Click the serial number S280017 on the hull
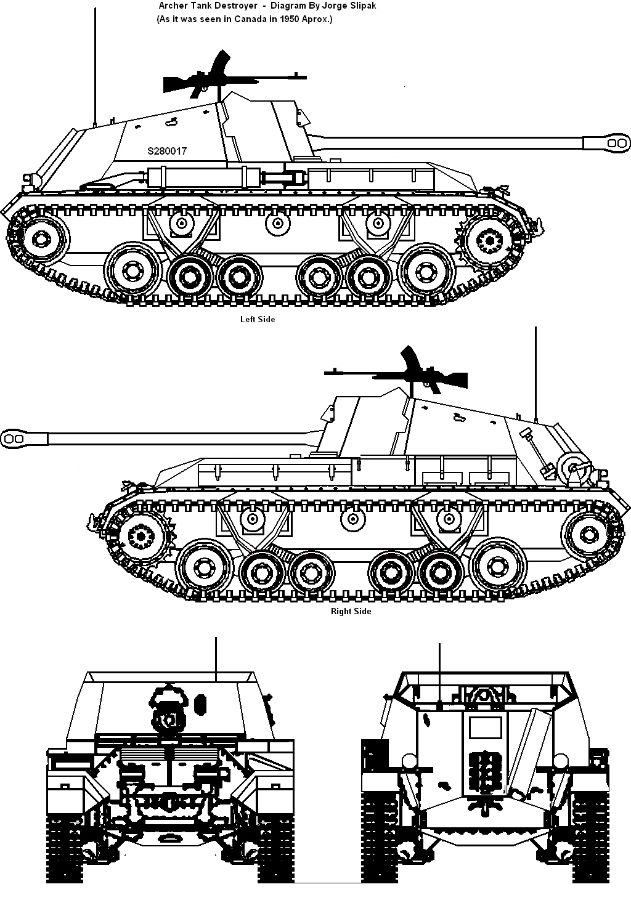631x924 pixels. pos(167,151)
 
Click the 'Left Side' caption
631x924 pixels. pos(258,319)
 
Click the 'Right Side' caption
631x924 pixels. pos(351,611)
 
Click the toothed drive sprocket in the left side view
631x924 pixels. pos(490,238)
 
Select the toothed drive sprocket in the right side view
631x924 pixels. pos(140,536)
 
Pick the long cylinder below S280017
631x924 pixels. pos(203,177)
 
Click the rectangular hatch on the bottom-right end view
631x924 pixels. pos(483,728)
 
